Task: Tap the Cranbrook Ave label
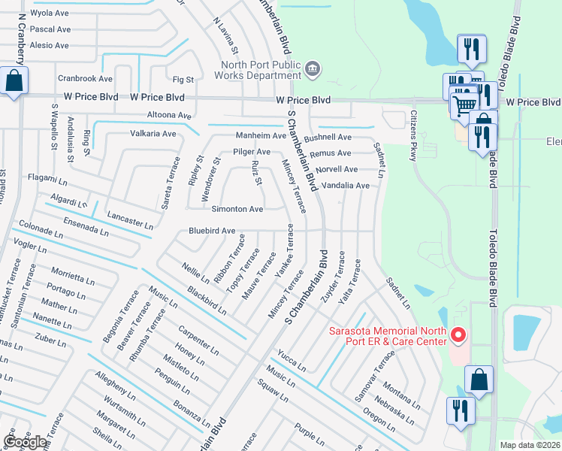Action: (85, 78)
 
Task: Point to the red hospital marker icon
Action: (458, 334)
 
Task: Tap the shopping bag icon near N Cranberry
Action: (14, 80)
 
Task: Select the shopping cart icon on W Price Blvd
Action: (465, 105)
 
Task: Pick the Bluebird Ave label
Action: (212, 231)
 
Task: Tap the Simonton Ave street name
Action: (238, 209)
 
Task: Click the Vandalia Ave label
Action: (346, 186)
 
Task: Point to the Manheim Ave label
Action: (261, 136)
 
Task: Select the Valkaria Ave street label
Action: (154, 134)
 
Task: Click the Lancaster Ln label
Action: (129, 220)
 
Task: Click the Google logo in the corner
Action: (25, 442)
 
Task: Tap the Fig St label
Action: (183, 79)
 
